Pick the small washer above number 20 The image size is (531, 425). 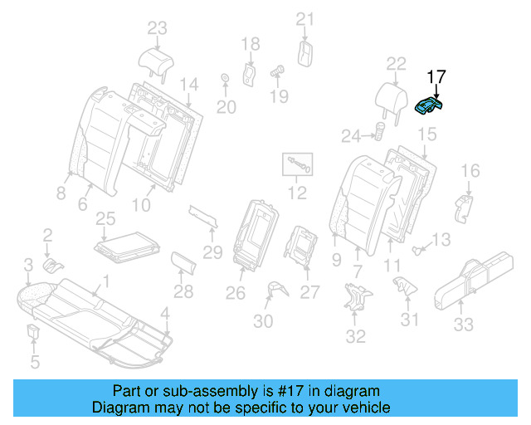(x=224, y=80)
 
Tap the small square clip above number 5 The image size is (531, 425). (x=34, y=334)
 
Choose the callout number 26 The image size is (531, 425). (x=236, y=292)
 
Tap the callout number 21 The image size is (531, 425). (x=305, y=19)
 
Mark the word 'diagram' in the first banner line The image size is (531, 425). (x=353, y=390)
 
